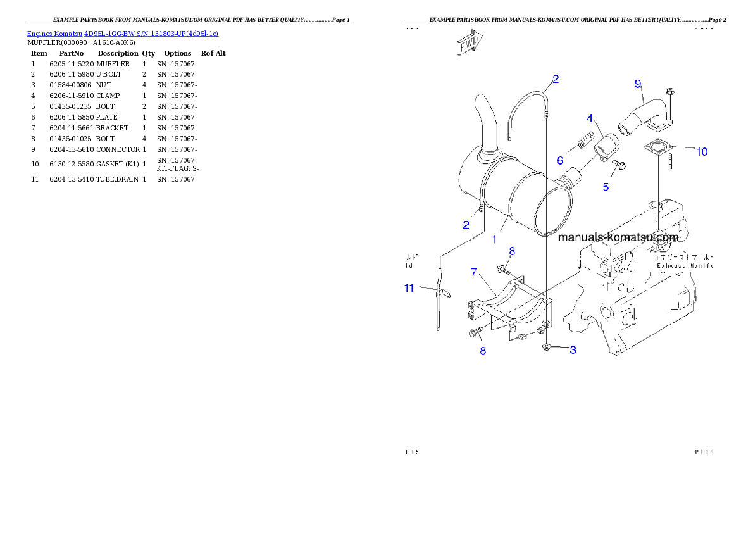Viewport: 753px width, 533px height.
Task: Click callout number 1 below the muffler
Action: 494,240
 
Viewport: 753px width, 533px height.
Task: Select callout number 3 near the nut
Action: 573,349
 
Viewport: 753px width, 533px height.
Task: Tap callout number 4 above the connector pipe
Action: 590,118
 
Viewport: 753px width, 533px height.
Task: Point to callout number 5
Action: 606,187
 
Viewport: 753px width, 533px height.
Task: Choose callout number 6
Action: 560,161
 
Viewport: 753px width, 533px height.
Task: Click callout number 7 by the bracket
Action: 473,272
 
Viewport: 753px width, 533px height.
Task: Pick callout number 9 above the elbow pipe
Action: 638,84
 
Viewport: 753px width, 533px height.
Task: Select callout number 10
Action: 702,152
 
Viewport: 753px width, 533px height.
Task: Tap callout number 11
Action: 409,288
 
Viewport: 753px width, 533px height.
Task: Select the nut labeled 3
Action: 546,348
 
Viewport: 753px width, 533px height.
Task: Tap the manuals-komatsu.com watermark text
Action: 618,237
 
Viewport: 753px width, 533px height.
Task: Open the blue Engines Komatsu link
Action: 122,34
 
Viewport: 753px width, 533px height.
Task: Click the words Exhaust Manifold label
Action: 684,266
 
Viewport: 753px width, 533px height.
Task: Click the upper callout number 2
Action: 555,79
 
